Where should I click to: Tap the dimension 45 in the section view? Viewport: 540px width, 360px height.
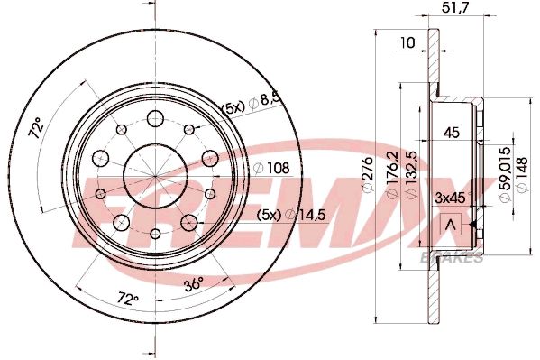[x=453, y=134]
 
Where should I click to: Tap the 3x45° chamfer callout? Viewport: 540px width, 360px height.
[x=453, y=196]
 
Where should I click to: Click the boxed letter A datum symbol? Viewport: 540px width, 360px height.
[x=452, y=223]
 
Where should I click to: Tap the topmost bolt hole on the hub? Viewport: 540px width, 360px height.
[x=154, y=116]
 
